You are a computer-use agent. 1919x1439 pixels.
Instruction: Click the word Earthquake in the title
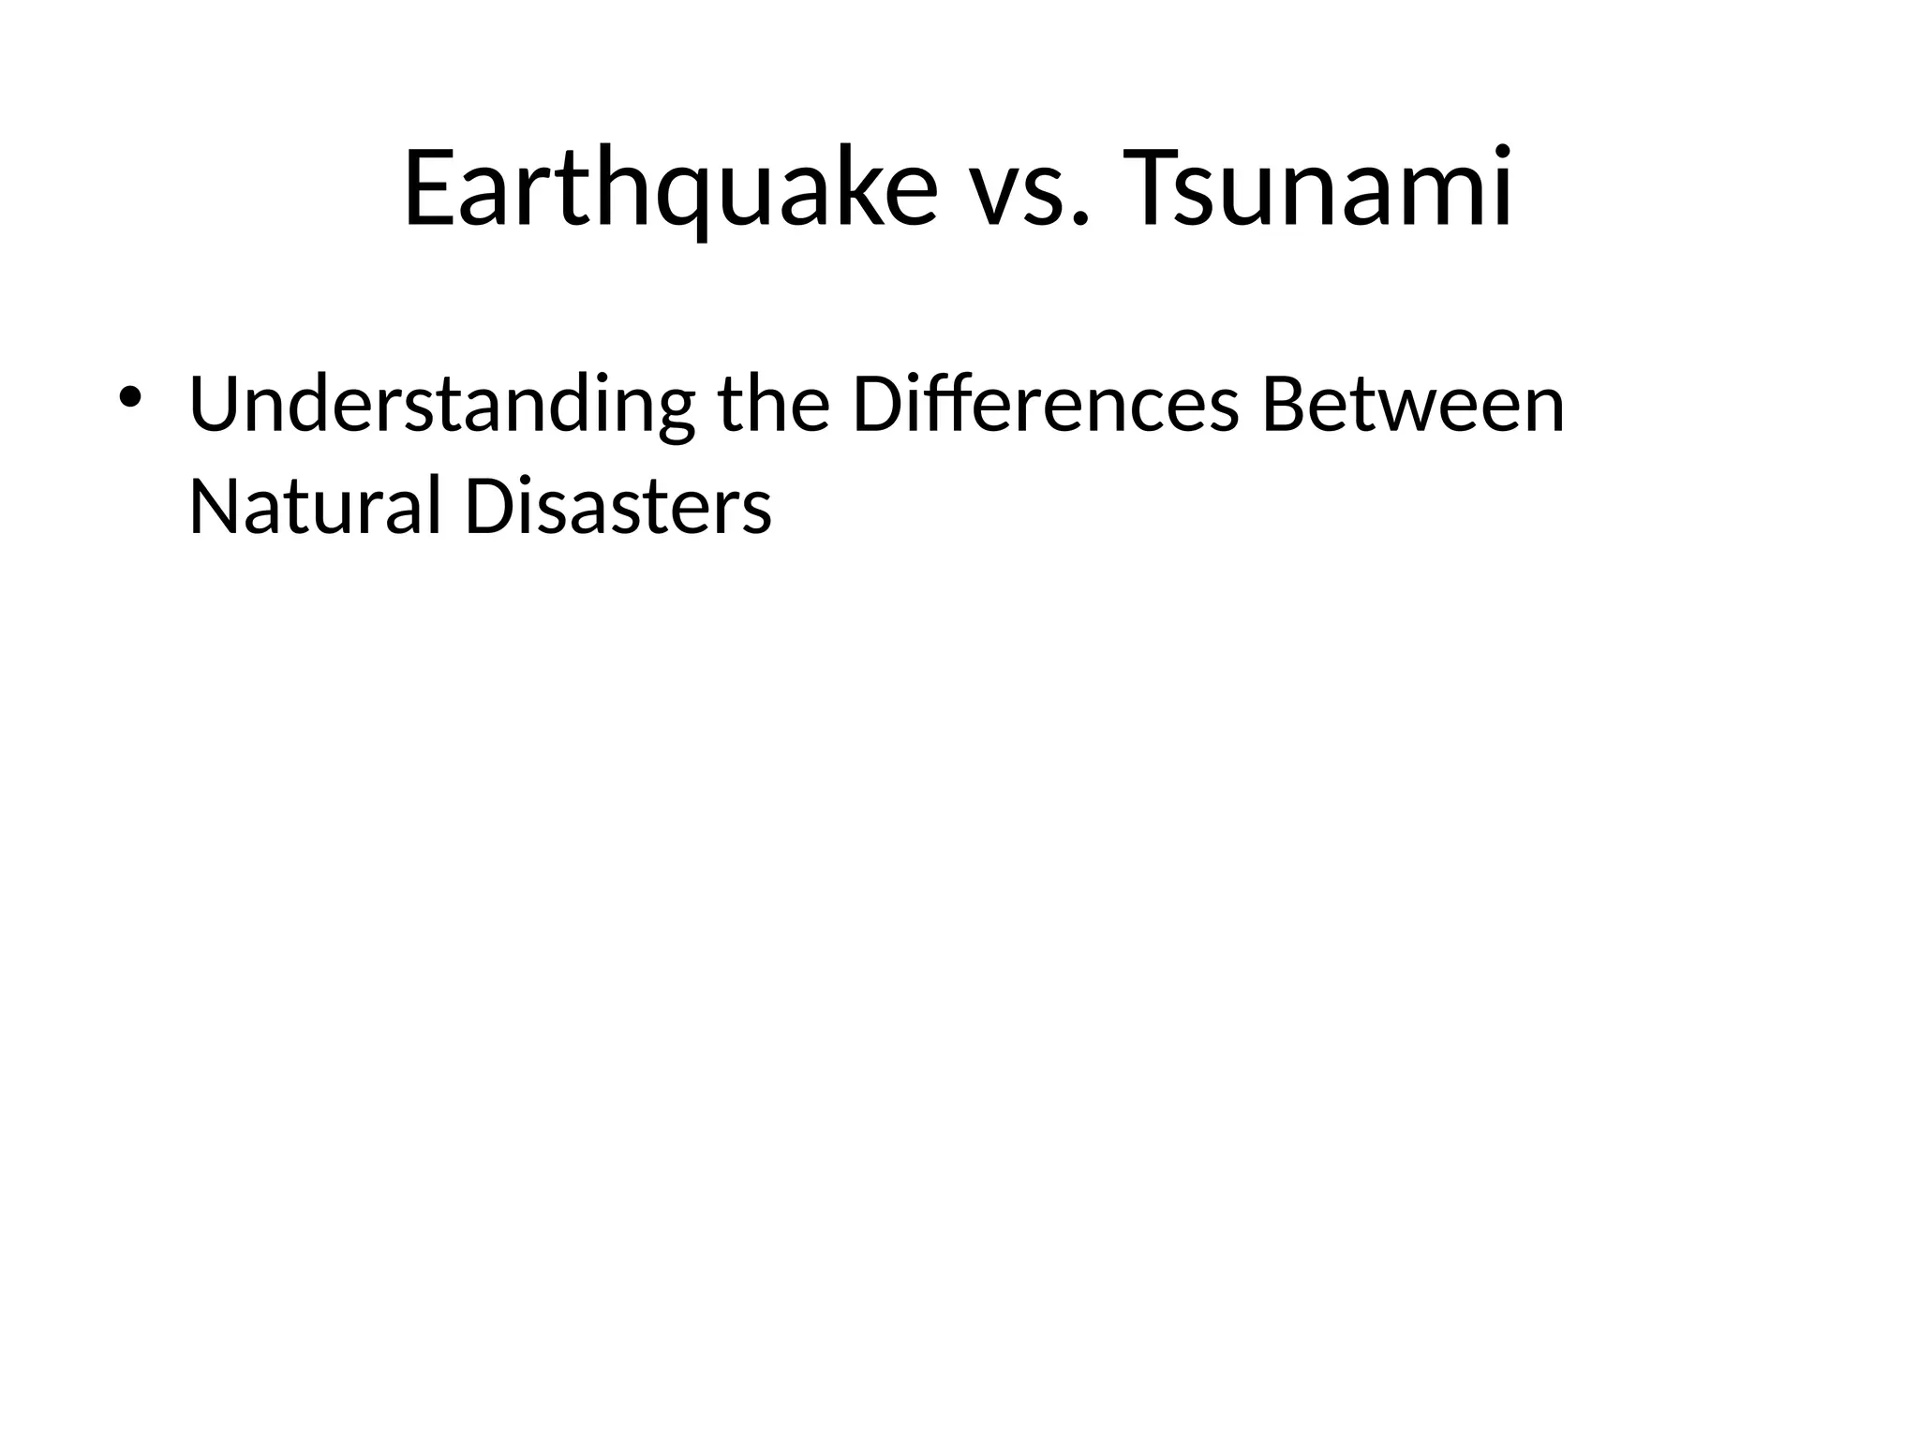(670, 187)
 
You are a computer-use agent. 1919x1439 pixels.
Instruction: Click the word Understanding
(441, 406)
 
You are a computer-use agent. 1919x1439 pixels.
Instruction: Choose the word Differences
(1046, 404)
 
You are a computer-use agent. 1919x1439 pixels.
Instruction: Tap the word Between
(1413, 404)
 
